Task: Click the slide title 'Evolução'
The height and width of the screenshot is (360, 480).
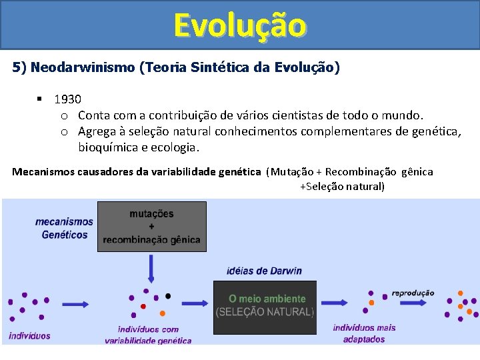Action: [240, 25]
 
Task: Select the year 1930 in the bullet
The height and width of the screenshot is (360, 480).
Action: [68, 99]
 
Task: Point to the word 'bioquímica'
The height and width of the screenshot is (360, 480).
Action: [105, 147]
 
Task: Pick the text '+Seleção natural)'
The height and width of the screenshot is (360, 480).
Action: [342, 187]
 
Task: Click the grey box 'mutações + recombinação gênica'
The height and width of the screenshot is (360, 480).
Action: [151, 227]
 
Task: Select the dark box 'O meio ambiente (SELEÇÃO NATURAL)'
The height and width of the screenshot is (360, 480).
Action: [265, 307]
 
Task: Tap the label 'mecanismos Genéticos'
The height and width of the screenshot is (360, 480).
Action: [64, 228]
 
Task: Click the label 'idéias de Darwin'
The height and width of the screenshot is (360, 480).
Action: [263, 271]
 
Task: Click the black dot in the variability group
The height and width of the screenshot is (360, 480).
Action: [168, 296]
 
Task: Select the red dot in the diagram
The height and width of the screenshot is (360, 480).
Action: [143, 307]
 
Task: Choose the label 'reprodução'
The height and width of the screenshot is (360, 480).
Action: [413, 293]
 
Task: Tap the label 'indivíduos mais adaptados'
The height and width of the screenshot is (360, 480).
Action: [364, 333]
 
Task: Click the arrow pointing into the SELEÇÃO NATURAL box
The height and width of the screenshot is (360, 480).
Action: [195, 304]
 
